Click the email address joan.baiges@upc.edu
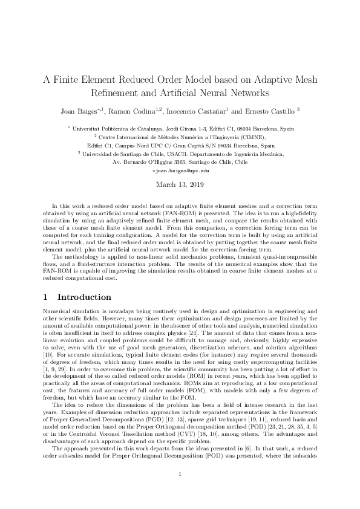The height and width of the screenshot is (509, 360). coord(180,172)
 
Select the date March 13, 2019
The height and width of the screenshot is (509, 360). coord(180,184)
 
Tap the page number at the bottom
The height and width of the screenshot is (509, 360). coord(180,491)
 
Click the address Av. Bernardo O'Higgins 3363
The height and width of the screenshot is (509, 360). coord(148,163)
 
